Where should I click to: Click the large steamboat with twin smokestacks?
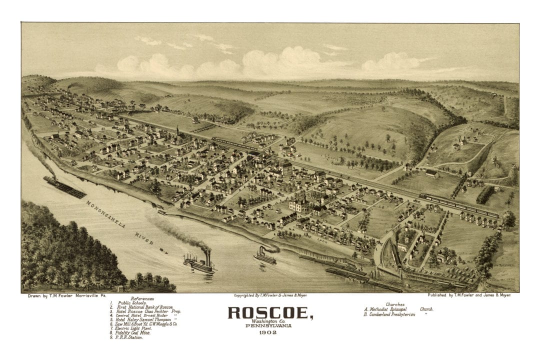point(199,262)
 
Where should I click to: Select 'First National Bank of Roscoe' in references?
point(145,307)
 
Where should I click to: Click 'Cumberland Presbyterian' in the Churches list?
point(391,314)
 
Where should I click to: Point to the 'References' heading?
point(142,298)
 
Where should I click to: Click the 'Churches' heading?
point(395,304)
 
